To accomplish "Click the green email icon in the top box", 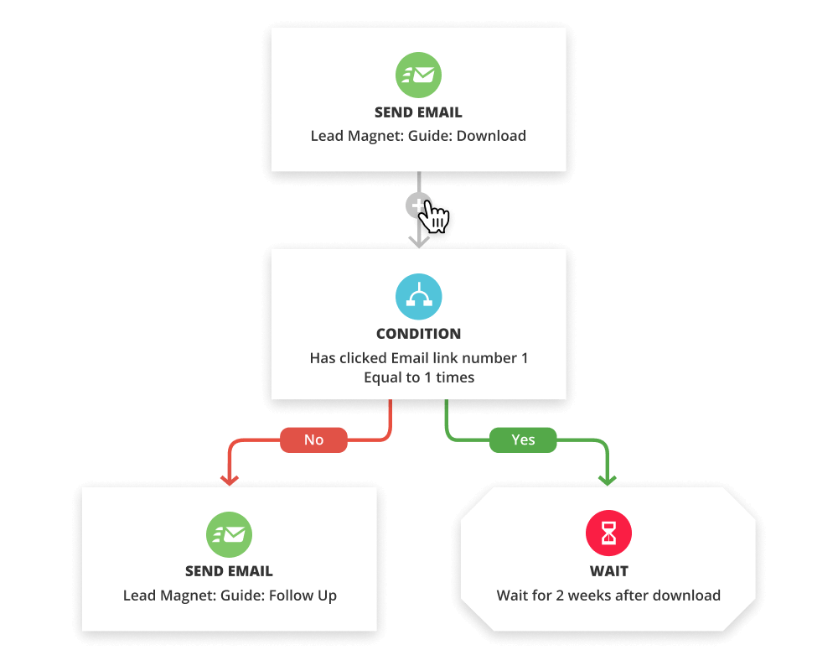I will point(418,75).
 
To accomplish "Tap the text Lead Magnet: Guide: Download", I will point(418,136).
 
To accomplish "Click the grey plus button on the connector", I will point(417,205).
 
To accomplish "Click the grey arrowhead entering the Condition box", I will point(418,241).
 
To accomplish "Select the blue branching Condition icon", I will point(418,296).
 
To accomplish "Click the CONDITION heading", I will point(418,334).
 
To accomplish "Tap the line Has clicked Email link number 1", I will point(418,358).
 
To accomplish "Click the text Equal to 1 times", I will point(418,377).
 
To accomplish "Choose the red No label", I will point(313,440).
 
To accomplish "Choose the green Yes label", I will point(523,440).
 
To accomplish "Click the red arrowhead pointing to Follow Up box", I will point(229,479).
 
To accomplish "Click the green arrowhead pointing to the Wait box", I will point(608,479).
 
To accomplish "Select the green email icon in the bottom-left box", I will point(229,533).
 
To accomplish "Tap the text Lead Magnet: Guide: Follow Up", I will point(229,596).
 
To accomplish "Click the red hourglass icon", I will point(608,533).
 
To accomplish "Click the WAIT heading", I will point(608,571).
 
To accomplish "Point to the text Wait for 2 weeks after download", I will point(608,596).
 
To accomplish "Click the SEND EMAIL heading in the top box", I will point(418,112).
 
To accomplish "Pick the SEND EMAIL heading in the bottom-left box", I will point(229,571).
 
